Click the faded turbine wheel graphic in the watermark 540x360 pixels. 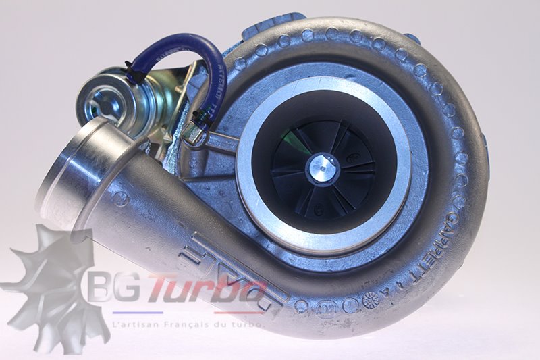point(47,284)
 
